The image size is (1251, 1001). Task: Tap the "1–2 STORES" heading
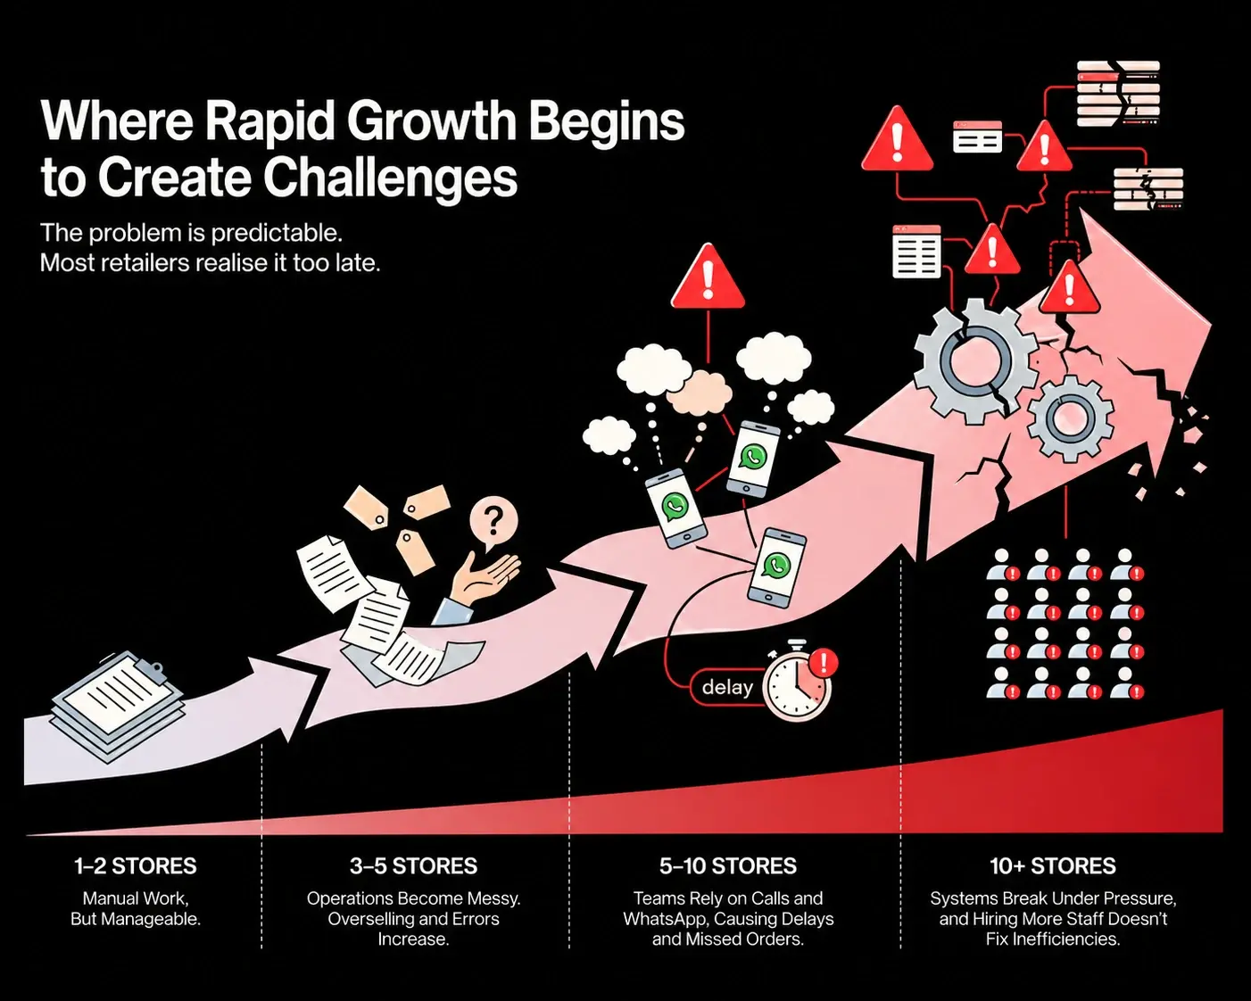(x=136, y=866)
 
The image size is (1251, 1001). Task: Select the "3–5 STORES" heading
(x=413, y=866)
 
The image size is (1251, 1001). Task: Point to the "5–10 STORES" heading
(x=728, y=866)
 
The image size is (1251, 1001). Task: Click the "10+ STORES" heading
(x=1053, y=866)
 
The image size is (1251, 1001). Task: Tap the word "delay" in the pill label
(x=727, y=688)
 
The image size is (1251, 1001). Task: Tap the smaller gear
(x=1070, y=418)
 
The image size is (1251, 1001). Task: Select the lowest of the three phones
(x=776, y=567)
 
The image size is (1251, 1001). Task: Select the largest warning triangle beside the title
(x=897, y=139)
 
